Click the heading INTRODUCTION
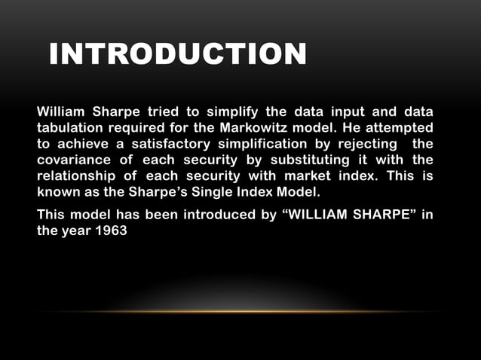coord(178,54)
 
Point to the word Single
coord(229,191)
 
